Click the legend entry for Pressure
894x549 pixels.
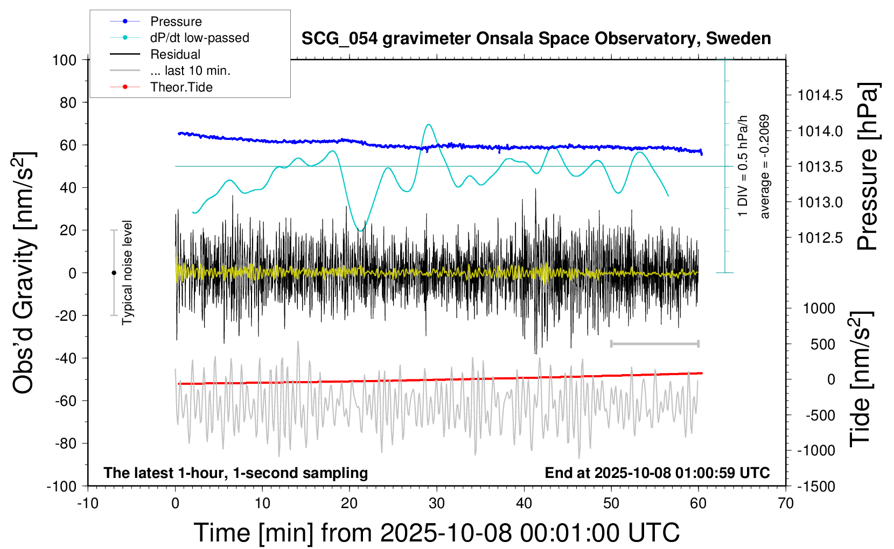pyautogui.click(x=176, y=22)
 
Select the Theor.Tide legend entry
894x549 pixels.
pyautogui.click(x=181, y=87)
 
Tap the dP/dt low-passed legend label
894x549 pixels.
pyautogui.click(x=199, y=38)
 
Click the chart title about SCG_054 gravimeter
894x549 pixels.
pyautogui.click(x=536, y=39)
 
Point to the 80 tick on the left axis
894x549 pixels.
pyautogui.click(x=68, y=102)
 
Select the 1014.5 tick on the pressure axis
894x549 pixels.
pyautogui.click(x=820, y=95)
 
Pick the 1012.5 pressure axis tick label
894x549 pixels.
pyautogui.click(x=820, y=237)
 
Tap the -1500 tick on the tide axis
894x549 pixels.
pyautogui.click(x=816, y=486)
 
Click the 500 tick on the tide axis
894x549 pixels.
pyautogui.click(x=823, y=344)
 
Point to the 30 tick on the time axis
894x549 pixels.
pyautogui.click(x=437, y=504)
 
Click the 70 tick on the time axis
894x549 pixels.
pyautogui.click(x=786, y=504)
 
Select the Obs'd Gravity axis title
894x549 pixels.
pyautogui.click(x=24, y=273)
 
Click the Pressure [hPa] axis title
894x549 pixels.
pyautogui.click(x=868, y=167)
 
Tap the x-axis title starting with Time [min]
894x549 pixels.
pyautogui.click(x=436, y=533)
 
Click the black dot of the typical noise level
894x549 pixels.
pyautogui.click(x=114, y=273)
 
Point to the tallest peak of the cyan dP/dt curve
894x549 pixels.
pyautogui.click(x=429, y=125)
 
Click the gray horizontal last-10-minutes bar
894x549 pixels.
pyautogui.click(x=654, y=343)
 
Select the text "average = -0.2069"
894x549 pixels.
pyautogui.click(x=764, y=166)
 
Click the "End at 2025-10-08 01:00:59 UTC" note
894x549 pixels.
pyautogui.click(x=657, y=473)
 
